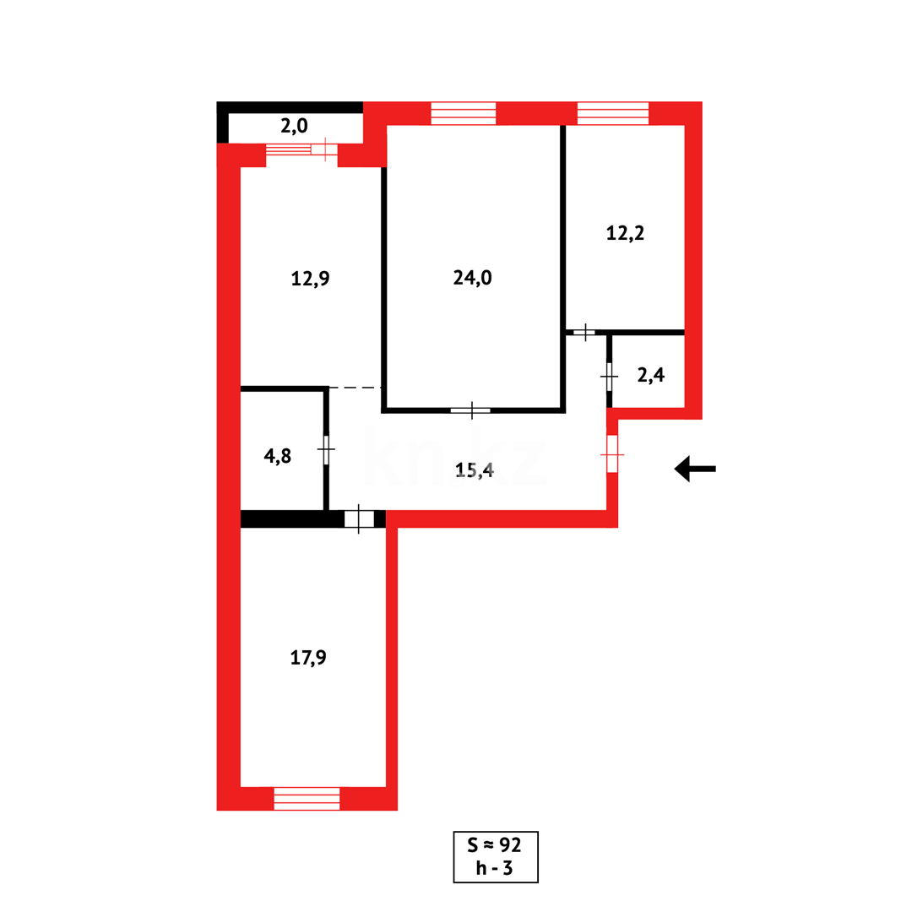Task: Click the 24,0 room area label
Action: tap(472, 279)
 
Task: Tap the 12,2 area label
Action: tap(625, 233)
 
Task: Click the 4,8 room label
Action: tap(278, 456)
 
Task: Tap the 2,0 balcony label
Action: tap(294, 127)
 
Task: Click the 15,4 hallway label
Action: tap(475, 471)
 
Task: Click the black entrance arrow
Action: tap(694, 469)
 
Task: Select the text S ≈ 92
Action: tap(496, 845)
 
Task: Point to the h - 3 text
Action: tap(496, 868)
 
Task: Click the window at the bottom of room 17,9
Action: tap(307, 798)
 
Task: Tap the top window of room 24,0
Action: tap(463, 113)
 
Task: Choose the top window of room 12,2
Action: tap(613, 113)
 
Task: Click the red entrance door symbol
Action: tap(612, 454)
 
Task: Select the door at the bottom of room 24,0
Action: tap(470, 411)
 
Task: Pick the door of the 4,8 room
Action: tap(326, 449)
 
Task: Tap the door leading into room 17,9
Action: tap(359, 518)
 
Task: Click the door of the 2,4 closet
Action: tap(610, 376)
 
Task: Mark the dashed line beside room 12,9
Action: tap(355, 388)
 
